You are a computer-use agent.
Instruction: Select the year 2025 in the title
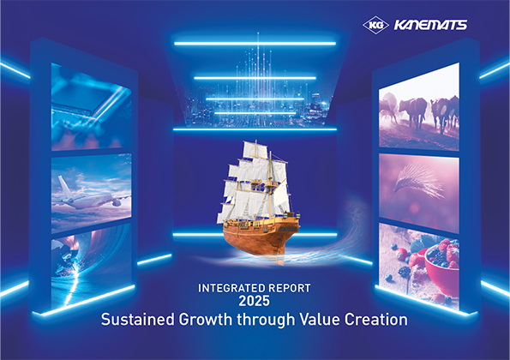tap(254, 303)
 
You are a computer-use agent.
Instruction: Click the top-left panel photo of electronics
tap(90, 103)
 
